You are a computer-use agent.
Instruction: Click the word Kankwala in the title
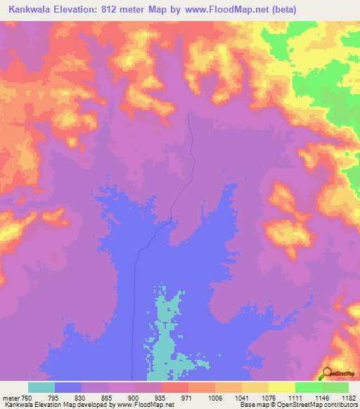pyautogui.click(x=30, y=10)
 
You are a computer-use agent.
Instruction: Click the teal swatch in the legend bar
pyautogui.click(x=41, y=387)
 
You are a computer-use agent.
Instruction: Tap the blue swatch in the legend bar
pyautogui.click(x=68, y=387)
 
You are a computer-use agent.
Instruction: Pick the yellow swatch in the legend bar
pyautogui.click(x=282, y=387)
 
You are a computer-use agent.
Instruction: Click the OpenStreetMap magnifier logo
pyautogui.click(x=328, y=373)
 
